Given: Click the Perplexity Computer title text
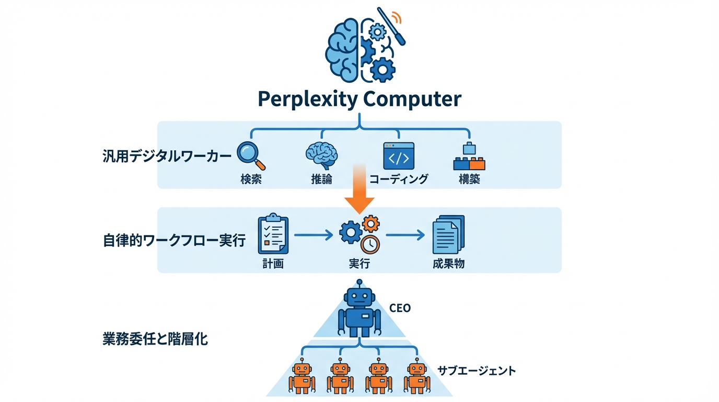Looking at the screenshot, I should (x=359, y=99).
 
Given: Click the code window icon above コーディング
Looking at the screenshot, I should (x=398, y=155).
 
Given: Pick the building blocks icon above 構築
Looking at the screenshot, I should (x=469, y=157).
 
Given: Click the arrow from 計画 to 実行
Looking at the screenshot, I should (x=314, y=235).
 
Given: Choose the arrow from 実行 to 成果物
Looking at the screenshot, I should (x=405, y=235).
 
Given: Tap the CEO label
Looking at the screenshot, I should (x=400, y=308).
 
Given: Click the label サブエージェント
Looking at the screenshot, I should (x=476, y=371).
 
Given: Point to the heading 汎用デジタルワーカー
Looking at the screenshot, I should (x=167, y=157).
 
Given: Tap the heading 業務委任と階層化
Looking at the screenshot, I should (x=155, y=339).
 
